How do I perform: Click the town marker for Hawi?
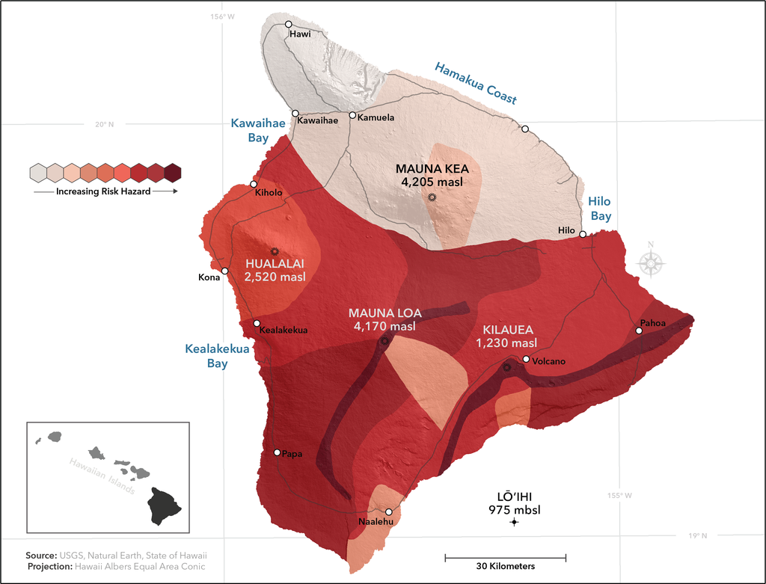[288, 25]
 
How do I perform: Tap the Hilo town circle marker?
[583, 233]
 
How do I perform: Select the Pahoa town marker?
[639, 331]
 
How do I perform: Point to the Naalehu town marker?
[388, 512]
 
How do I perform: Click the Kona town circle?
[224, 271]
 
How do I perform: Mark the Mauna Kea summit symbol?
[432, 197]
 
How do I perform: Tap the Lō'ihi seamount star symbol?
[514, 522]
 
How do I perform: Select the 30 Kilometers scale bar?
[505, 557]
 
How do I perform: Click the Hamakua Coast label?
[476, 82]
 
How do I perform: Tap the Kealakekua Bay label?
[206, 356]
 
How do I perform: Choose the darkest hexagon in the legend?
[173, 173]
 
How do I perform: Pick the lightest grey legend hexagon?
[38, 173]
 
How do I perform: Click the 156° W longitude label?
[222, 16]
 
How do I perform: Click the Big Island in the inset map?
[163, 505]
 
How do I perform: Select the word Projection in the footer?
[51, 567]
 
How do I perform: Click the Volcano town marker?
[527, 360]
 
